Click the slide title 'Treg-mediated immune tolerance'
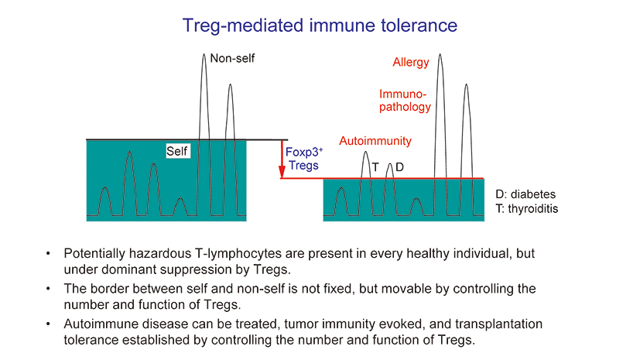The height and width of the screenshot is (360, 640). (x=320, y=25)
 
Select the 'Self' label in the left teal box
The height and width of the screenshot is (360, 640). (x=177, y=152)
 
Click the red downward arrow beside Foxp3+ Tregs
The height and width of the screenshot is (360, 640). (x=282, y=159)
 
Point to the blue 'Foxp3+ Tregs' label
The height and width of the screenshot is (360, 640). (x=303, y=159)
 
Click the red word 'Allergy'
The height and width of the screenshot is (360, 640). (x=411, y=62)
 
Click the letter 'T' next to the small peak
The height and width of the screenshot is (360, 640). (x=375, y=167)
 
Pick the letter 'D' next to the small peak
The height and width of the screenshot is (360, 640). (x=399, y=167)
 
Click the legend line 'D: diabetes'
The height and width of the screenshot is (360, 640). (x=525, y=194)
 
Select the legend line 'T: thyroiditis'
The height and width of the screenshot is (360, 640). (x=527, y=209)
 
